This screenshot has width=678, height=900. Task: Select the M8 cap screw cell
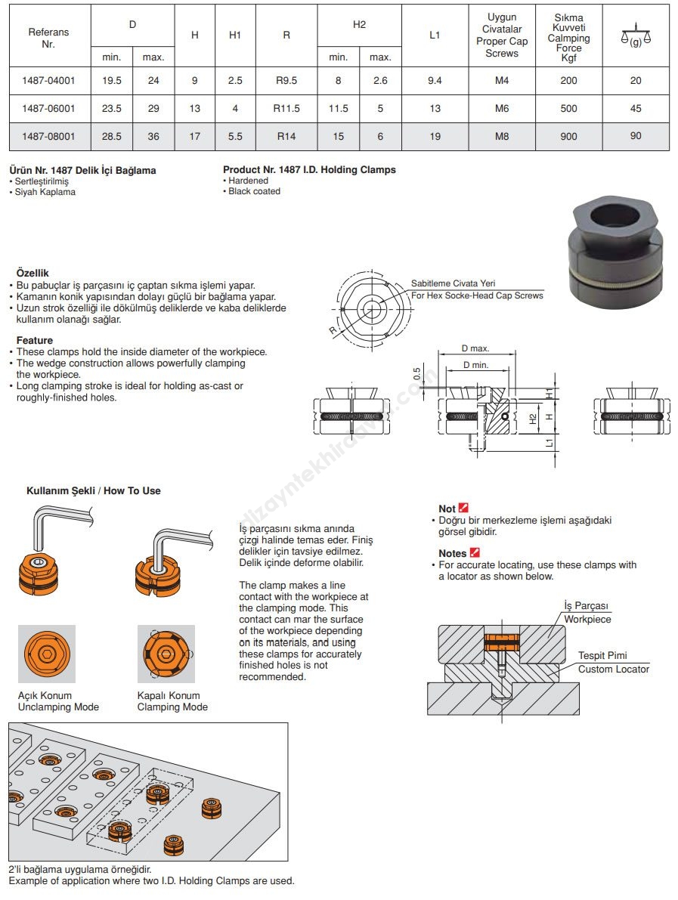pos(502,136)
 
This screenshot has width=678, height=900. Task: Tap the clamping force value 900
pos(568,136)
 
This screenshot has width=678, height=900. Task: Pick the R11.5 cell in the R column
pos(286,108)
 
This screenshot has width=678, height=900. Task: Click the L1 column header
pos(435,35)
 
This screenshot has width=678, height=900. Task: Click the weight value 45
pos(635,108)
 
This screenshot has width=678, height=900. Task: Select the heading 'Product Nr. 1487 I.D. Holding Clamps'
pos(309,170)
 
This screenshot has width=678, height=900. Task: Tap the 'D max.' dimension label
pos(475,349)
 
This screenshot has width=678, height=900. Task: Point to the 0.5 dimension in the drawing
pos(416,373)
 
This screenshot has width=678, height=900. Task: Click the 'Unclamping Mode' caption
pos(58,707)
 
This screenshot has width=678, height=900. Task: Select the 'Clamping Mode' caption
pos(172,707)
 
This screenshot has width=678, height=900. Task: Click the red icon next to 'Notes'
pos(475,553)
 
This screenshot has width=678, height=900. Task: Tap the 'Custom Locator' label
pos(613,669)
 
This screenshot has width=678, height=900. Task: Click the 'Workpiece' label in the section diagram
pos(587,619)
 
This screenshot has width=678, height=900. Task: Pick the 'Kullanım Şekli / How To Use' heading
pos(94,490)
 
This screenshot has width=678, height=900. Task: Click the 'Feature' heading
pos(35,341)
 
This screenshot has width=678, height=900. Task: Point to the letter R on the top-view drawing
pos(332,329)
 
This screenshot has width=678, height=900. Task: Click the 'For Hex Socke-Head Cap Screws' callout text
pos(477,295)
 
